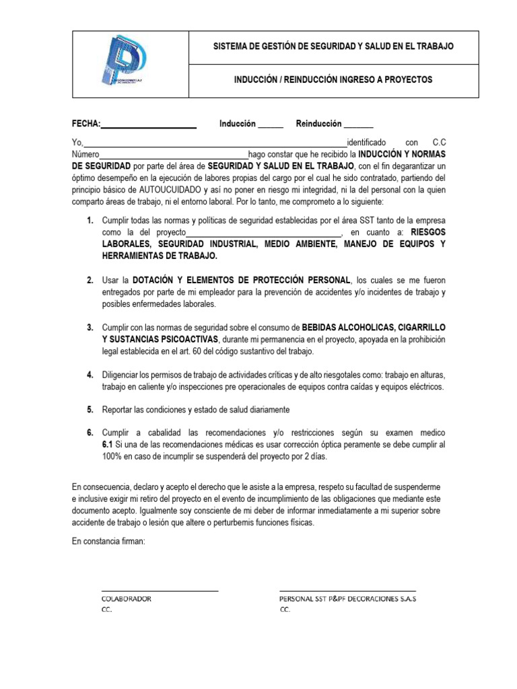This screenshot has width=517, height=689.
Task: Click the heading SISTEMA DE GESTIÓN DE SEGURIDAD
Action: (x=333, y=46)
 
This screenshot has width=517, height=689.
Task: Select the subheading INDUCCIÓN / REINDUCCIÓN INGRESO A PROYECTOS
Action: (x=333, y=80)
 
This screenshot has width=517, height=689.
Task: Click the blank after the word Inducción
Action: (x=271, y=125)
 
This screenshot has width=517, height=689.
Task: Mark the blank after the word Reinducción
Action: (x=358, y=125)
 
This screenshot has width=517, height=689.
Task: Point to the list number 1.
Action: (x=90, y=221)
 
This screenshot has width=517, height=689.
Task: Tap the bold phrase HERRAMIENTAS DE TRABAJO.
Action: (x=160, y=256)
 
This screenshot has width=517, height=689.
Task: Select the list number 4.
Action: (x=90, y=374)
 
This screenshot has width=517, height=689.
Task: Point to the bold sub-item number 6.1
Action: (x=108, y=445)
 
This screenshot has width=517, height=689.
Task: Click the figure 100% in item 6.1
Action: (x=112, y=457)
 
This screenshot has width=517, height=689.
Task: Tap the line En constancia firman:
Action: (x=108, y=542)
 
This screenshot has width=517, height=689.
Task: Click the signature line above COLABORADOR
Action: (x=160, y=590)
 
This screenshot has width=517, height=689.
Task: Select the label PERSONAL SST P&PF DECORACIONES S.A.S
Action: (x=347, y=599)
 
